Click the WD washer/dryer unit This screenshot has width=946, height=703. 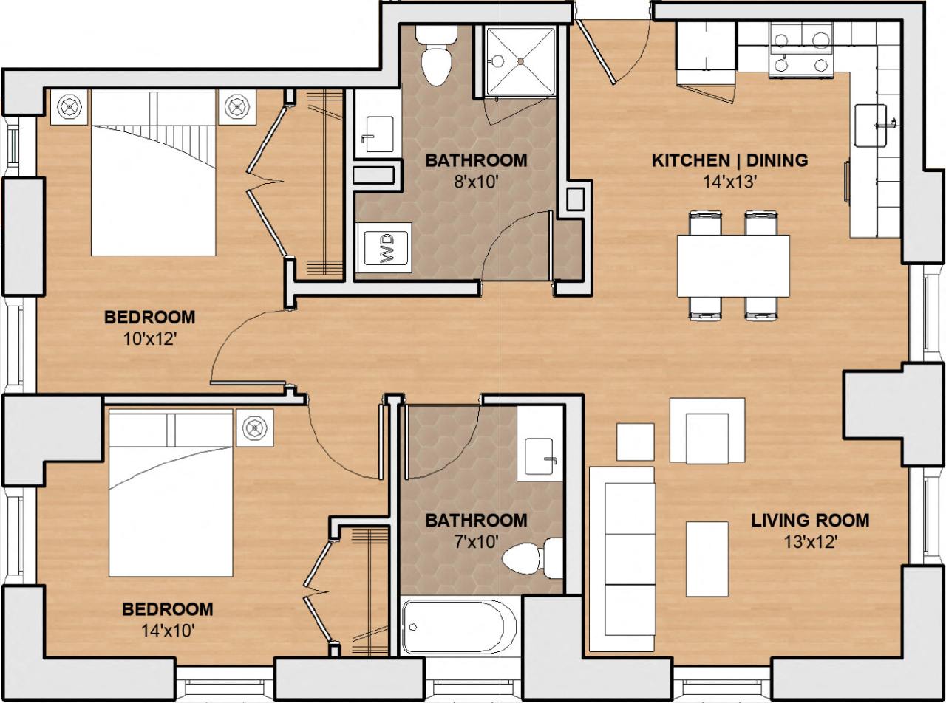pyautogui.click(x=384, y=247)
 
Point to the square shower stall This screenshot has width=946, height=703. pyautogui.click(x=521, y=61)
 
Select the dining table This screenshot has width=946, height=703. pyautogui.click(x=733, y=266)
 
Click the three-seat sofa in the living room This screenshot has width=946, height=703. pyautogui.click(x=622, y=558)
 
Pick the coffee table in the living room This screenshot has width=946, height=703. pyautogui.click(x=707, y=559)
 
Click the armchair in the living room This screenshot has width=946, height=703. pyautogui.click(x=707, y=437)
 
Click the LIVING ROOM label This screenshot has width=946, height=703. pyautogui.click(x=810, y=521)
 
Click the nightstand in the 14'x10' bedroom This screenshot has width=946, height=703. pyautogui.click(x=255, y=428)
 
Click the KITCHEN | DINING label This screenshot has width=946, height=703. pyautogui.click(x=729, y=160)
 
